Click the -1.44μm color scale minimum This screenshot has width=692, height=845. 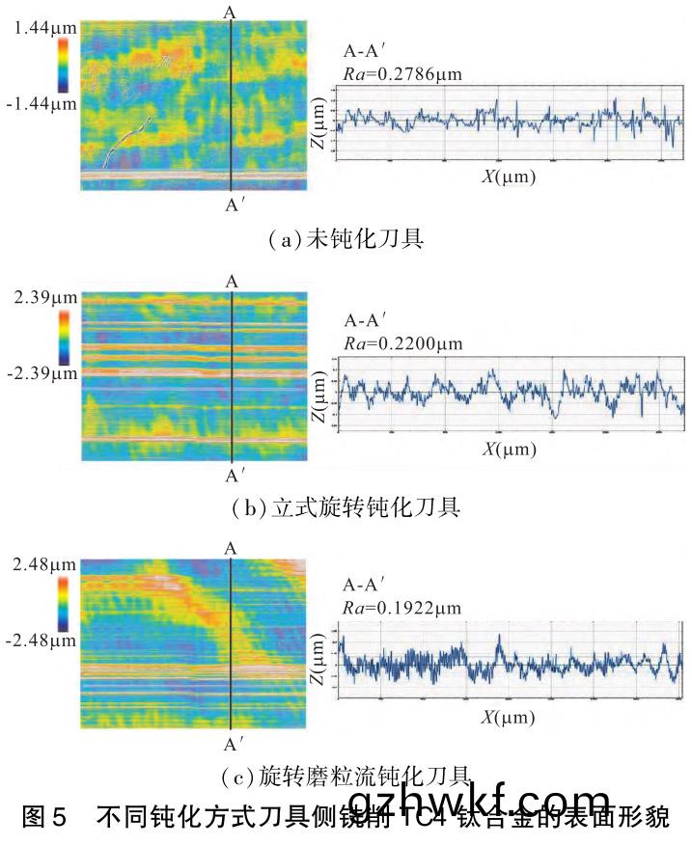pos(39,103)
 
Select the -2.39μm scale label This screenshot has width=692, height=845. pos(39,371)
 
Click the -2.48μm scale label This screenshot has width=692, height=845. pos(39,638)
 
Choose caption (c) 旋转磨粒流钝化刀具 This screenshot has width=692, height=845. pos(346,774)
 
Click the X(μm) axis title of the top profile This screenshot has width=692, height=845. pos(509,177)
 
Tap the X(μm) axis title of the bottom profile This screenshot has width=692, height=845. pos(509,718)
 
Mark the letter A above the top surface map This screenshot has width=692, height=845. pos(229,13)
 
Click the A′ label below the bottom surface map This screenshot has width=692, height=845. pos(235,745)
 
